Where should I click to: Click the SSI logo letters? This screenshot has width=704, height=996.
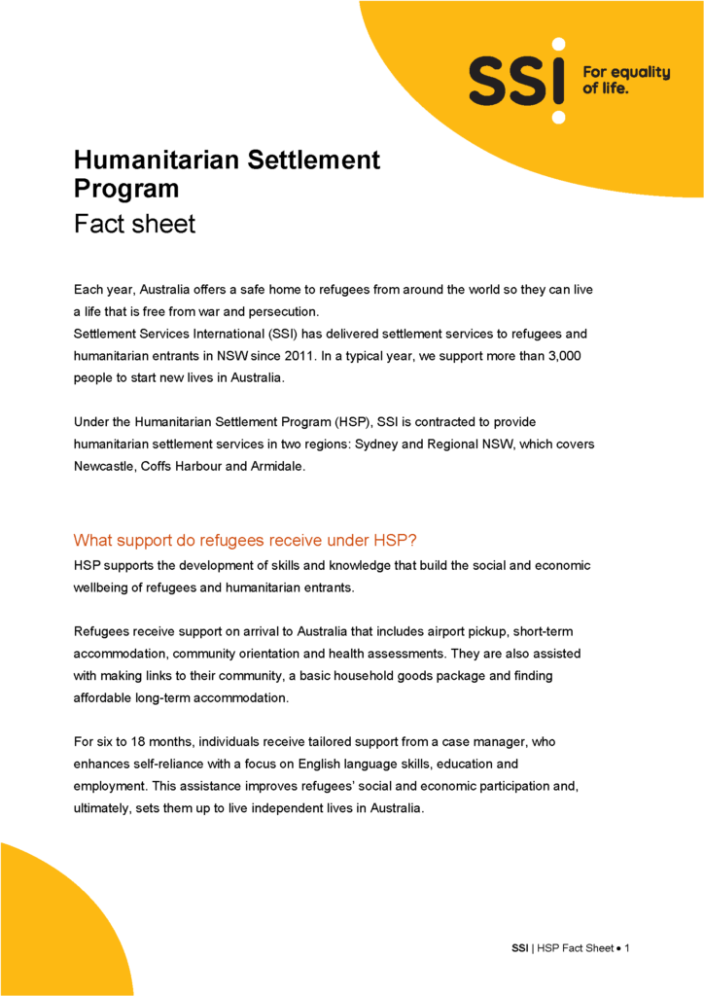coord(516,81)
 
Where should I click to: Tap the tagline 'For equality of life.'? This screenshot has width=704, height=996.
coord(626,80)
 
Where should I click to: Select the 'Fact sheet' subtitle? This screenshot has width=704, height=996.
coord(134,224)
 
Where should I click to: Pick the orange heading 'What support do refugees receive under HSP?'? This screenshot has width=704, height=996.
coord(259,541)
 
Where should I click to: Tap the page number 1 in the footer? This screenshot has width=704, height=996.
coord(628,948)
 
